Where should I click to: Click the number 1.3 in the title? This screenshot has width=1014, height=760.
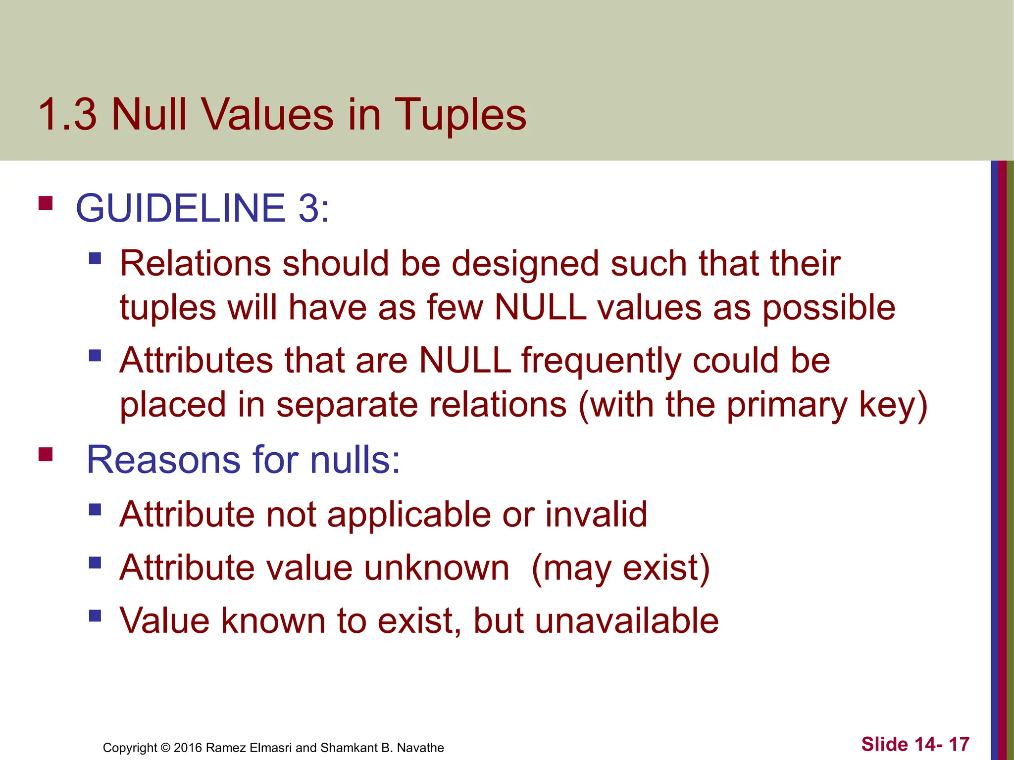pyautogui.click(x=67, y=115)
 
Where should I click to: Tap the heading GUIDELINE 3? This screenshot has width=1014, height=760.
pyautogui.click(x=202, y=208)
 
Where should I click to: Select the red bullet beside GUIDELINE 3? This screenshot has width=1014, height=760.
pyautogui.click(x=46, y=203)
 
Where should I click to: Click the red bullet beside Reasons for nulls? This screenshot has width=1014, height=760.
pyautogui.click(x=46, y=454)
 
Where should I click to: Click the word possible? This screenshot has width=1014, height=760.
pyautogui.click(x=828, y=308)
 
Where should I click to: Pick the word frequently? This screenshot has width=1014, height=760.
pyautogui.click(x=601, y=361)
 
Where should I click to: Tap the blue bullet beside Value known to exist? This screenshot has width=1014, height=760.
pyautogui.click(x=95, y=616)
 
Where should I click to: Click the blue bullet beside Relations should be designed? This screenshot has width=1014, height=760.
pyautogui.click(x=95, y=258)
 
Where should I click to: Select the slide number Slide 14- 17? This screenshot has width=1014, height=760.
pyautogui.click(x=915, y=744)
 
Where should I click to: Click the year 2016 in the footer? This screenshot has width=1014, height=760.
pyautogui.click(x=188, y=748)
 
